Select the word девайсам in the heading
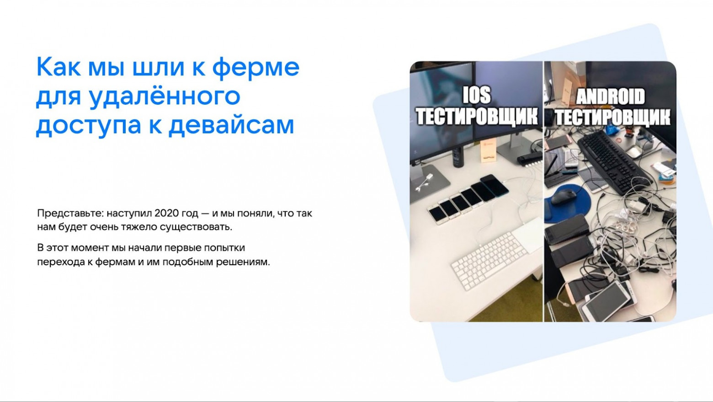[231, 125]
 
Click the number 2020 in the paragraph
[166, 213]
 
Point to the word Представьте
[70, 214]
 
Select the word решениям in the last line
[243, 262]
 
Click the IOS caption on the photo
[477, 95]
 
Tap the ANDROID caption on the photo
[611, 97]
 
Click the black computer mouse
[564, 196]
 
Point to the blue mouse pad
[567, 202]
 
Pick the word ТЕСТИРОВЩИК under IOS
[477, 116]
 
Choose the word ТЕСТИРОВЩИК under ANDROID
[613, 117]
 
